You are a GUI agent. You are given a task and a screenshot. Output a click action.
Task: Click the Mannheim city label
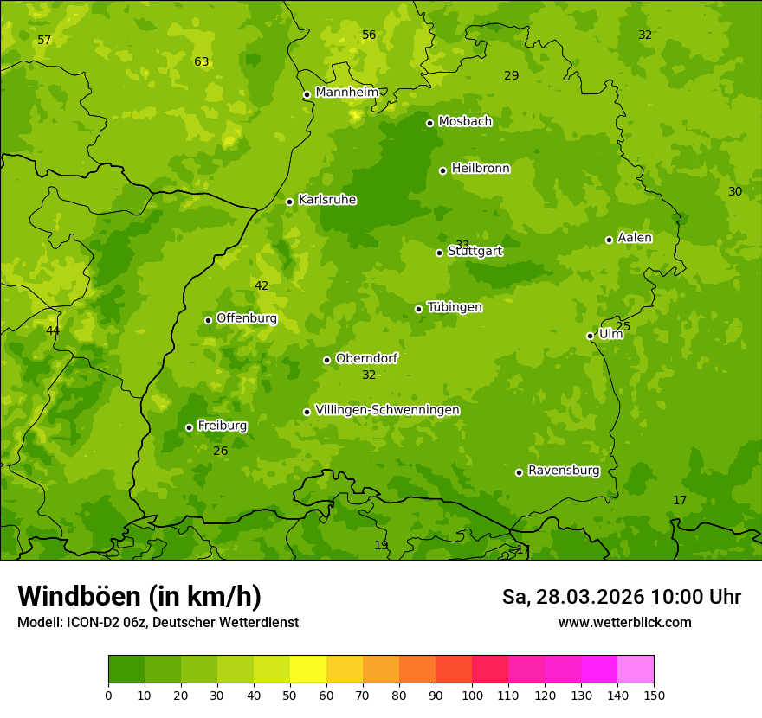pos(346,93)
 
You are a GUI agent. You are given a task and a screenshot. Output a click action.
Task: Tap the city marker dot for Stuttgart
pos(439,253)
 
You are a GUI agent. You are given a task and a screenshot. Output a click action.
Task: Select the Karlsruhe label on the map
pos(327,200)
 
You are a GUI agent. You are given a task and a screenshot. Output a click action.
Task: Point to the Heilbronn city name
pos(481,169)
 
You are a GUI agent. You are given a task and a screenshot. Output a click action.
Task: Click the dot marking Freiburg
pos(189,427)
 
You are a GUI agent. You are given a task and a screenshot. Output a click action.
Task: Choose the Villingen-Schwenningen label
pos(387,410)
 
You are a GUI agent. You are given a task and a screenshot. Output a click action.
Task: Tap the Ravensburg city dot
pos(519,472)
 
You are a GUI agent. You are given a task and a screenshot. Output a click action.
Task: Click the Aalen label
pos(635,238)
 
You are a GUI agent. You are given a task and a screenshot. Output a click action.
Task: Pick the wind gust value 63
pos(202,62)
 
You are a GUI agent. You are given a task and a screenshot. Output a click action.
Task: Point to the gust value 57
pos(45,41)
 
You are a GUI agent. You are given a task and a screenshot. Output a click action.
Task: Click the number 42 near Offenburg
pos(262,286)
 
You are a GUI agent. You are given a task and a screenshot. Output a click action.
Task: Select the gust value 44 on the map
pos(53,330)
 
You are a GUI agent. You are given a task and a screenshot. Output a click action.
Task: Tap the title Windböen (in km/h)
pos(139,596)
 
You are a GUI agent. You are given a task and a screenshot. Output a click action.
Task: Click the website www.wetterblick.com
pos(624,622)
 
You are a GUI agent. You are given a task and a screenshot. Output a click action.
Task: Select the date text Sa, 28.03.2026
pos(573,597)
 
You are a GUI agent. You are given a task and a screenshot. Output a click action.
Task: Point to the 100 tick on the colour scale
pos(472,695)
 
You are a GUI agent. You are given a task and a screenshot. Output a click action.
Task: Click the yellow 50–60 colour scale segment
pos(308,670)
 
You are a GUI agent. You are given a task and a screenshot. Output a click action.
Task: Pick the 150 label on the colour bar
pos(653,695)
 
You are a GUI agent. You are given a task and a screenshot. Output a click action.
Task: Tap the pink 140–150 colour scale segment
pos(636,670)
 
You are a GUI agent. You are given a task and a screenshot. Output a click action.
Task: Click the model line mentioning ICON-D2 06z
pos(158,622)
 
